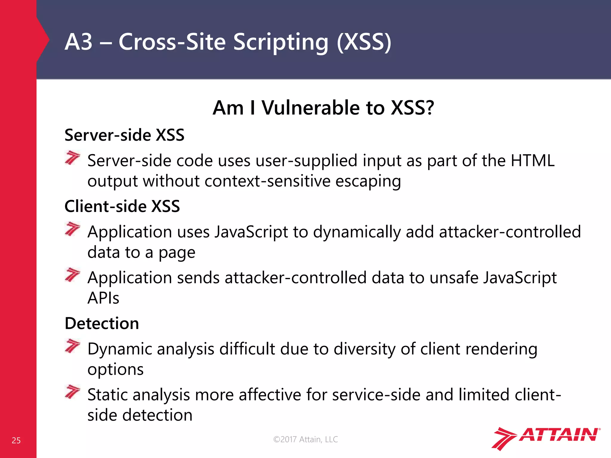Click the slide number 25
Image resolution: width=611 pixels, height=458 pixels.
[16, 440]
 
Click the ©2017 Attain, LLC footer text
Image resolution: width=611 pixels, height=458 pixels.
[305, 439]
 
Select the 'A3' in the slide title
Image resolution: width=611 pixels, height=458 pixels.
[78, 42]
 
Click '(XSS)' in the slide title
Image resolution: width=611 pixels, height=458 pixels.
[364, 42]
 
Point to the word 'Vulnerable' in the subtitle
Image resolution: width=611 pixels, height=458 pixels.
[310, 108]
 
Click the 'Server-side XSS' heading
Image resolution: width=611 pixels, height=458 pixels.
[124, 135]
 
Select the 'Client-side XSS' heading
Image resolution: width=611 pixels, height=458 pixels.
[122, 206]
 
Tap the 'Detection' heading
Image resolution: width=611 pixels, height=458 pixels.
[102, 324]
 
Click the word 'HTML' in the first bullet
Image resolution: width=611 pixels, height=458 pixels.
[533, 161]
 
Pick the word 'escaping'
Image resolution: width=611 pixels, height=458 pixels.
[368, 181]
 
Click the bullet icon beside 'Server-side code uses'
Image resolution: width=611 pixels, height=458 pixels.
[72, 157]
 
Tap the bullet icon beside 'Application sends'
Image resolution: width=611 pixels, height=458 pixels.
[72, 275]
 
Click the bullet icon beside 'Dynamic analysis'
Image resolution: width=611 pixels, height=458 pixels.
[72, 346]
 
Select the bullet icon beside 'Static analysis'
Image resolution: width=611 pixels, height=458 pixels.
[72, 392]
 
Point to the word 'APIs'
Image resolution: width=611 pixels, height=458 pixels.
[103, 298]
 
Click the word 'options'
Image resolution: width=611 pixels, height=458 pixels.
[115, 369]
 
